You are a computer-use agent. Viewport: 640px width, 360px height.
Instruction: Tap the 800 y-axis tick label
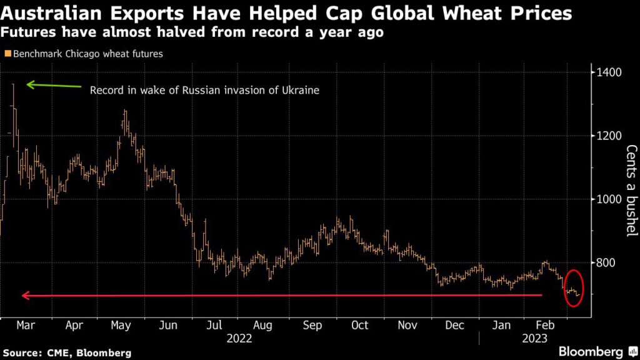[x=605, y=263]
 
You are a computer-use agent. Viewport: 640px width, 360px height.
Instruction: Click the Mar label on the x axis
[x=26, y=325]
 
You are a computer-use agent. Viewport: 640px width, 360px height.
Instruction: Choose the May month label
[x=120, y=325]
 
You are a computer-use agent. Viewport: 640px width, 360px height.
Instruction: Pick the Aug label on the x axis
[x=262, y=325]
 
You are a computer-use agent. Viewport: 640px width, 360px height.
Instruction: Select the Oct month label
[x=359, y=325]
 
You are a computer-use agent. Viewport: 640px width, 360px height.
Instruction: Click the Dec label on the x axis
[x=455, y=325]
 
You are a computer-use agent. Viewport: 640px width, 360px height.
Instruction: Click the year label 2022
[x=239, y=338]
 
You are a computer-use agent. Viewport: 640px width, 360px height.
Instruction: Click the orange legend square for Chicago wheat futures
[x=7, y=54]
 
